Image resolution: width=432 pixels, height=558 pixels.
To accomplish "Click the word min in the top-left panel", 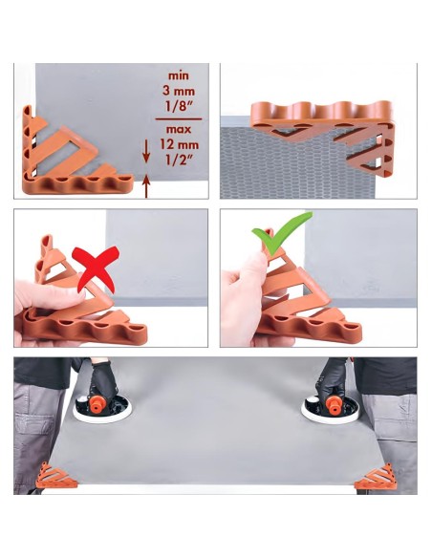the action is coord(179,75).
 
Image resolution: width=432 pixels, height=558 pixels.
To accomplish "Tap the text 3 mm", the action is coord(179,91).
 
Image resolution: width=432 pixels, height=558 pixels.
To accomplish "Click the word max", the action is coord(179,129).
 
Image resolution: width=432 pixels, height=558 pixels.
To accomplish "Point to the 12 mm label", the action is coord(179,145).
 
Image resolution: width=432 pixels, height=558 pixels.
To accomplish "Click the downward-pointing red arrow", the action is coord(146,152).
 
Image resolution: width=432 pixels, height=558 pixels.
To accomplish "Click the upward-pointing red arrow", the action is coord(146,185).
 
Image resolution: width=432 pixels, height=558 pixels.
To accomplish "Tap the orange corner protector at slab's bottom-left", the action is coord(55,476).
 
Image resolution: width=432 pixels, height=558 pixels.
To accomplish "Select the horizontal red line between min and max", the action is coord(179,118).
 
